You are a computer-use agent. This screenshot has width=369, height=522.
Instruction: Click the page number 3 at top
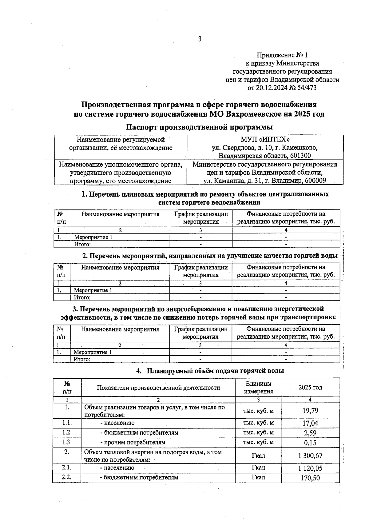pos(200,39)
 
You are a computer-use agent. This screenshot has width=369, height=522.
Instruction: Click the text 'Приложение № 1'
pos(282,55)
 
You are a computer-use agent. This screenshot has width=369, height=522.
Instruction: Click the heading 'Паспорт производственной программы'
pos(199,127)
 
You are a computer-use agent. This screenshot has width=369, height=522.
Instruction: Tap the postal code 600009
pos(315,181)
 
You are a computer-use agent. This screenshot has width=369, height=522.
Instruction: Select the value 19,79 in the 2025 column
pos(310,411)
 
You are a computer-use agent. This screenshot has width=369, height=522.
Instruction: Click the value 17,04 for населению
pos(310,423)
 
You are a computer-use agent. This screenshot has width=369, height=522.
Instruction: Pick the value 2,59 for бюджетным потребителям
pos(310,433)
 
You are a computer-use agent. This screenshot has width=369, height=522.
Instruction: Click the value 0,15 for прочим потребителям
pos(310,443)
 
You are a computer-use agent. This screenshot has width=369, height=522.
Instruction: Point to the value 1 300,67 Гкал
pos(310,456)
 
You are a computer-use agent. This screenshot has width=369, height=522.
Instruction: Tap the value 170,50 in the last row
pos(310,478)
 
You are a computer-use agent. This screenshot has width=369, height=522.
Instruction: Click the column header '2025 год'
pos(310,387)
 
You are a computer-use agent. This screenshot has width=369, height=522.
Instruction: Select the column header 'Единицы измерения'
pos(258,388)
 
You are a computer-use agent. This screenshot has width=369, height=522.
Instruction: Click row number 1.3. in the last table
pos(67,442)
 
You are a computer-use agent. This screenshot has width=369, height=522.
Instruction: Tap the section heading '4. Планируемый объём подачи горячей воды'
pos(210,371)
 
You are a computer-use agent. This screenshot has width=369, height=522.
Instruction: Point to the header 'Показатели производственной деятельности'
pos(158,388)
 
